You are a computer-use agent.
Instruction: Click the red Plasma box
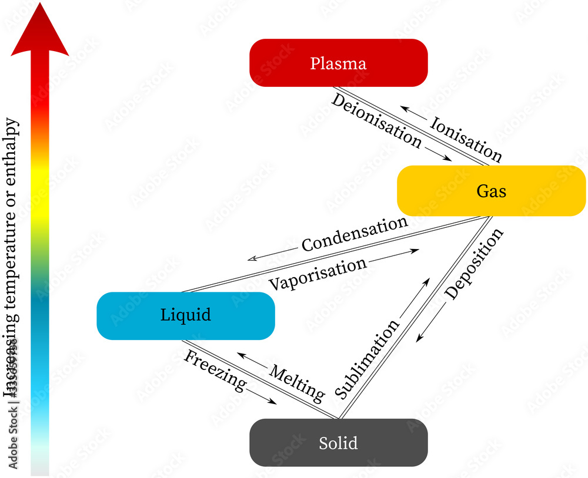338,63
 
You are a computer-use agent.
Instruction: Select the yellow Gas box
491,191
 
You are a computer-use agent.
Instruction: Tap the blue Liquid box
185,315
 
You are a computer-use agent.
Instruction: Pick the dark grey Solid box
338,443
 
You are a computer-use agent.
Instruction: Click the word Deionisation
376,121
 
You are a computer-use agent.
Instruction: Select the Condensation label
355,234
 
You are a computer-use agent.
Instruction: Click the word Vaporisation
318,274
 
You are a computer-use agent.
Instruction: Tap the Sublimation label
367,359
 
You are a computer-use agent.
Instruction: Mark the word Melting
298,383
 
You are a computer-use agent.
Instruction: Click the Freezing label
215,371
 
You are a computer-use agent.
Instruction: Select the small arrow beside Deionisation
438,154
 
